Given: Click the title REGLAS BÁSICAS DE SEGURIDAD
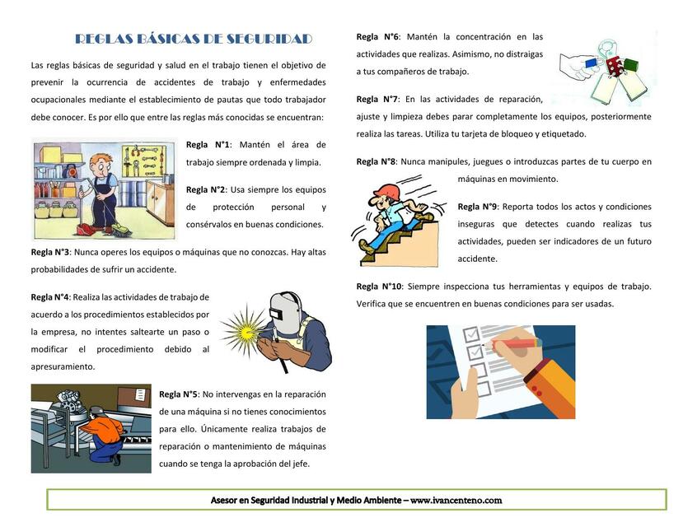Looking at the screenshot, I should tap(194, 39).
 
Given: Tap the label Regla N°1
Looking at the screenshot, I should tap(208, 145).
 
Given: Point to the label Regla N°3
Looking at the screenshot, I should tap(50, 252).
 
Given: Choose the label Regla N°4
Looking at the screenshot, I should tap(50, 297).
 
